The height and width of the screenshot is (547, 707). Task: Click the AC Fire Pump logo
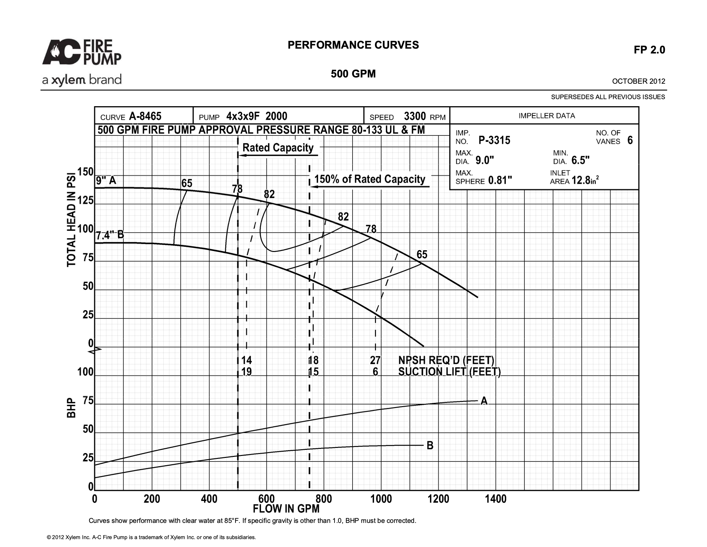click(82, 52)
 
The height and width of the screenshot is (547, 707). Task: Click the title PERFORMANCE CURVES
click(353, 45)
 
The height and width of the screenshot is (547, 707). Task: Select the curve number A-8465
click(145, 116)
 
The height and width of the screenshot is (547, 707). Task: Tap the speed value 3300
click(415, 116)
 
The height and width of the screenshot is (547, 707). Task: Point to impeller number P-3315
click(494, 140)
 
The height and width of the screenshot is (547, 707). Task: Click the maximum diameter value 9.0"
click(485, 161)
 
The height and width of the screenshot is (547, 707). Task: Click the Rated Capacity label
click(278, 148)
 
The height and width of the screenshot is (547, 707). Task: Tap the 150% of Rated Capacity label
click(370, 179)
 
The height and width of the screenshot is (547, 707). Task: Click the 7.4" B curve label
click(110, 235)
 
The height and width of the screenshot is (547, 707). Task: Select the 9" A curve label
click(106, 180)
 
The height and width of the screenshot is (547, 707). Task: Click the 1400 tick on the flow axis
click(496, 499)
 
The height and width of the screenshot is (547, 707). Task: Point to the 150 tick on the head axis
click(85, 172)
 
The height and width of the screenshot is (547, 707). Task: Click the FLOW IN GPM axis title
click(286, 509)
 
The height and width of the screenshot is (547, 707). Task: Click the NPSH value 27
click(375, 360)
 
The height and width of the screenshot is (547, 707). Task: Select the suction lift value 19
click(247, 372)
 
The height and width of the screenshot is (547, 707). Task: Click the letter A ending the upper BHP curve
click(484, 401)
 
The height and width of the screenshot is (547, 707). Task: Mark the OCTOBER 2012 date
click(639, 81)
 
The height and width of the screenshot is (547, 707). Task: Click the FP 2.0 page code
click(649, 50)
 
